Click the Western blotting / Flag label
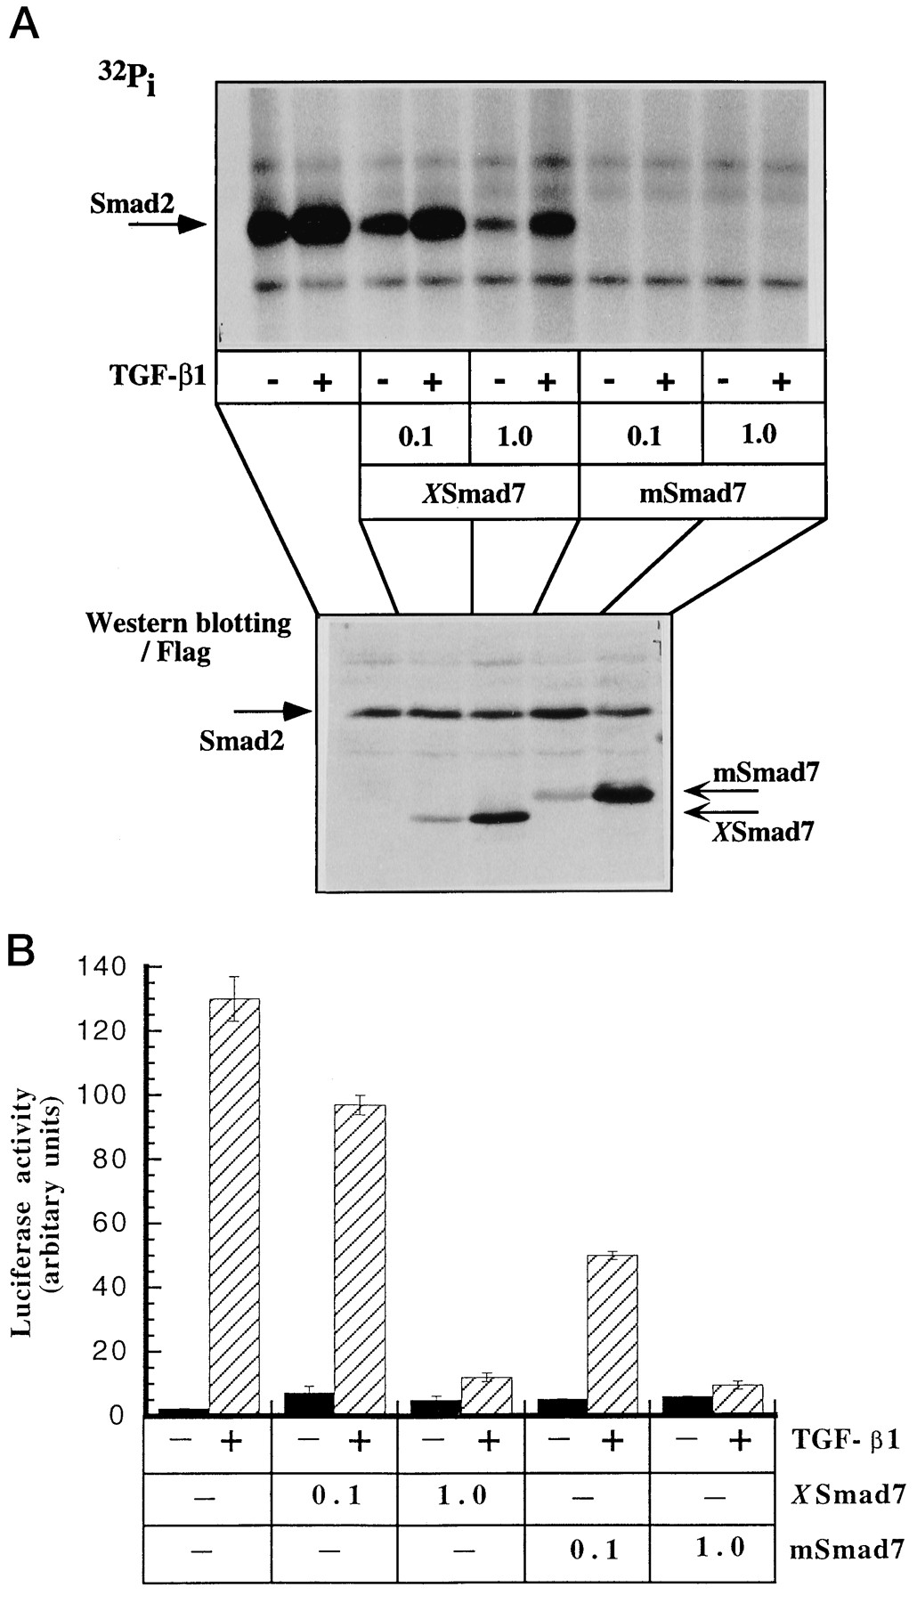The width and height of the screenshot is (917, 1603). tap(188, 637)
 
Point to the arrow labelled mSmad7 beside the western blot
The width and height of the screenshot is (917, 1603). tap(720, 790)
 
